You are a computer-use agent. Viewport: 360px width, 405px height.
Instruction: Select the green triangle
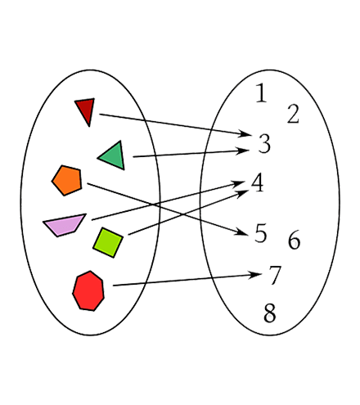(x=114, y=156)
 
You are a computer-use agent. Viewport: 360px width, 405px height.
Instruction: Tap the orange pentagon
(x=67, y=180)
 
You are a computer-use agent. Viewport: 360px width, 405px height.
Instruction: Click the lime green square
(x=108, y=242)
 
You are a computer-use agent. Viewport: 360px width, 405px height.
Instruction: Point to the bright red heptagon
(x=88, y=290)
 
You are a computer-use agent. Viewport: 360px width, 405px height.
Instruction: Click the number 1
(x=261, y=93)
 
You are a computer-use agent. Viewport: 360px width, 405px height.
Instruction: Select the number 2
(x=293, y=114)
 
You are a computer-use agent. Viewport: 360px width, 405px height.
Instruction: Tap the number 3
(x=264, y=143)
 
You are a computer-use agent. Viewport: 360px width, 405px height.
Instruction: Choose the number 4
(x=257, y=182)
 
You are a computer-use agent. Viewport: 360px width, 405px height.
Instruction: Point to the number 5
(x=260, y=233)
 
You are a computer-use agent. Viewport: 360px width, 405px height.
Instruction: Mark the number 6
(x=294, y=240)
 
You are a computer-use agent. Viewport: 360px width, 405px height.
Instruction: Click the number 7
(x=275, y=275)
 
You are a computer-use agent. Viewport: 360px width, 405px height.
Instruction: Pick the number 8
(x=270, y=313)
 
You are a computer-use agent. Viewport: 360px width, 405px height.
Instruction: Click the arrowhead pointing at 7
(x=254, y=274)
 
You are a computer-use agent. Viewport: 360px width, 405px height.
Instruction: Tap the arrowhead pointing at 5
(x=241, y=232)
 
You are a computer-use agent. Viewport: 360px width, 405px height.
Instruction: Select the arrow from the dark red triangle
(x=175, y=124)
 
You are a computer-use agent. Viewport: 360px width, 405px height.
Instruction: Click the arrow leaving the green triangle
(x=191, y=153)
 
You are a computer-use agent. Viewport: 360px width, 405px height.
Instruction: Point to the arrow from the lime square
(x=188, y=213)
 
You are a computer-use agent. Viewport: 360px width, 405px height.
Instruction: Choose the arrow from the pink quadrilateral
(x=168, y=200)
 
